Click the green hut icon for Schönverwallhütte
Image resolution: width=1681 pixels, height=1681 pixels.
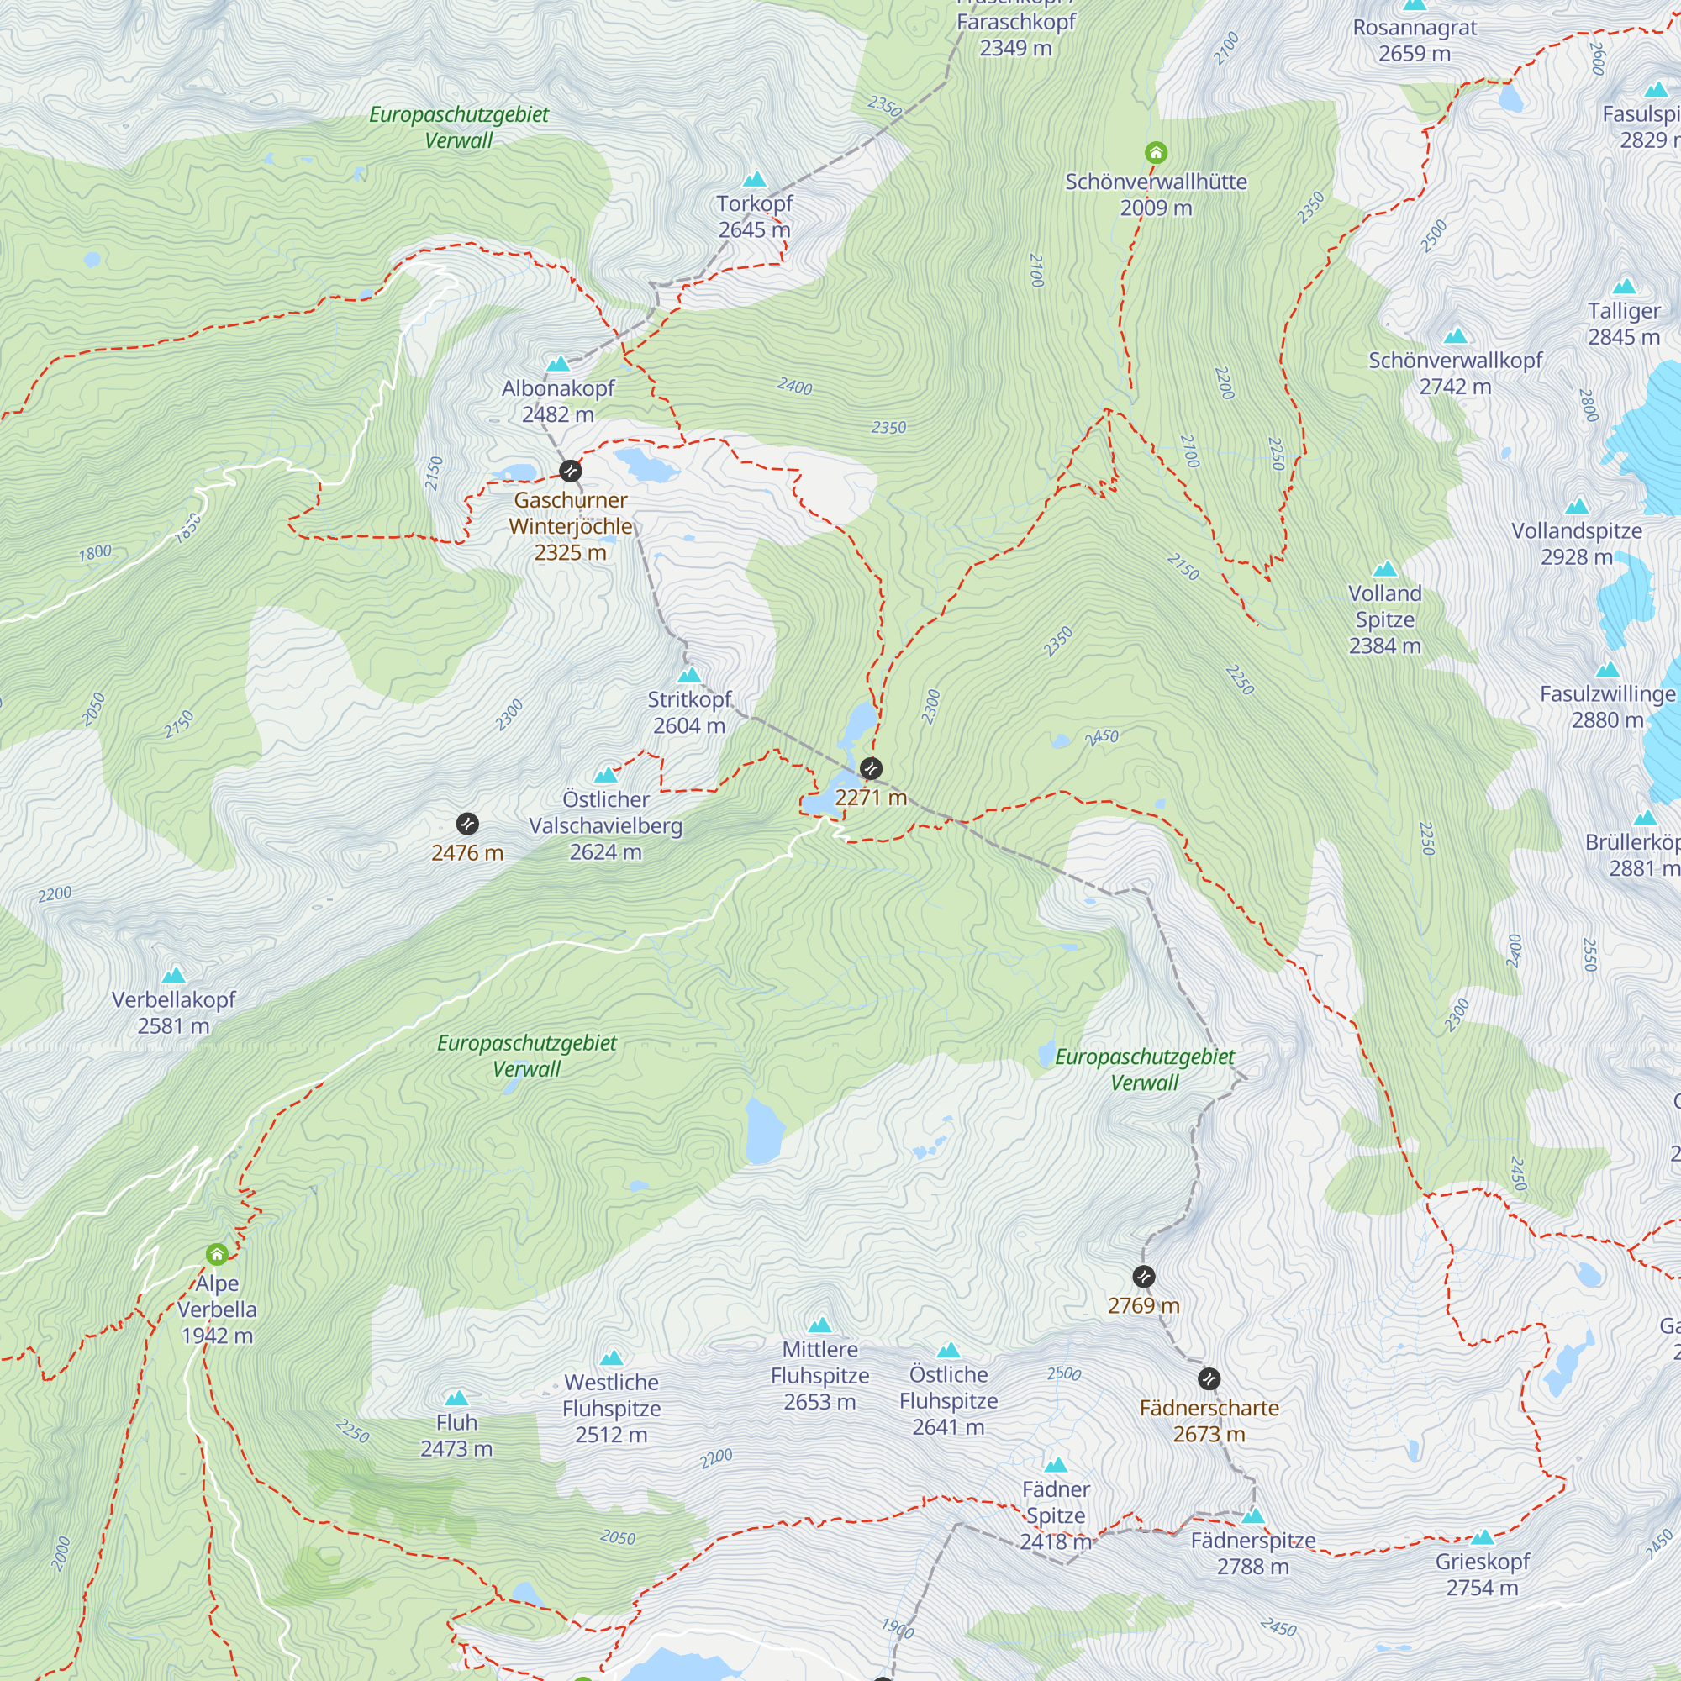[1156, 153]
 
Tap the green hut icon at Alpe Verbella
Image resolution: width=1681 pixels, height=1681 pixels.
[217, 1254]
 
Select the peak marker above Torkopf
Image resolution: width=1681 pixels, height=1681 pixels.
[755, 179]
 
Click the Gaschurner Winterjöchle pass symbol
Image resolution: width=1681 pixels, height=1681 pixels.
[570, 471]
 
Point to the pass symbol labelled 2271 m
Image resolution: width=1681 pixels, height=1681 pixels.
[871, 768]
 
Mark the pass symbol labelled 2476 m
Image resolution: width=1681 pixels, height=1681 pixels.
[467, 824]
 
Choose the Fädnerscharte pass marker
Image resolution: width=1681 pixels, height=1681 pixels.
[1209, 1379]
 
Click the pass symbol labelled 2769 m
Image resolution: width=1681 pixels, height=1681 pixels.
[1144, 1277]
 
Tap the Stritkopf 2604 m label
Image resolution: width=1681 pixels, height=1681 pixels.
[689, 712]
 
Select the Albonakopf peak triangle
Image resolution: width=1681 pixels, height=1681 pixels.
[558, 364]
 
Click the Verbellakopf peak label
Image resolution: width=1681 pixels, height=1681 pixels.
[173, 1012]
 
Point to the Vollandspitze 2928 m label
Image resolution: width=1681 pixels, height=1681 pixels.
[1577, 543]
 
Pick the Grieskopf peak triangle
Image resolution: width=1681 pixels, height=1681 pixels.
[1482, 1537]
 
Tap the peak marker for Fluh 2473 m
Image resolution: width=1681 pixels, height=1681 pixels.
[456, 1399]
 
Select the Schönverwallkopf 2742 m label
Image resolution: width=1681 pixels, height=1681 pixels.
[1455, 372]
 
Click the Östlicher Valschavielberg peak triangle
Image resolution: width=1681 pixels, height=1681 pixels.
[605, 774]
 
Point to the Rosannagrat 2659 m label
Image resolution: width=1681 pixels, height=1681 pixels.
[1414, 40]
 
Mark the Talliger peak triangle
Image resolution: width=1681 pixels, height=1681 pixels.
[1624, 287]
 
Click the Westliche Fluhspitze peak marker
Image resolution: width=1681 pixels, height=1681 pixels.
[612, 1358]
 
